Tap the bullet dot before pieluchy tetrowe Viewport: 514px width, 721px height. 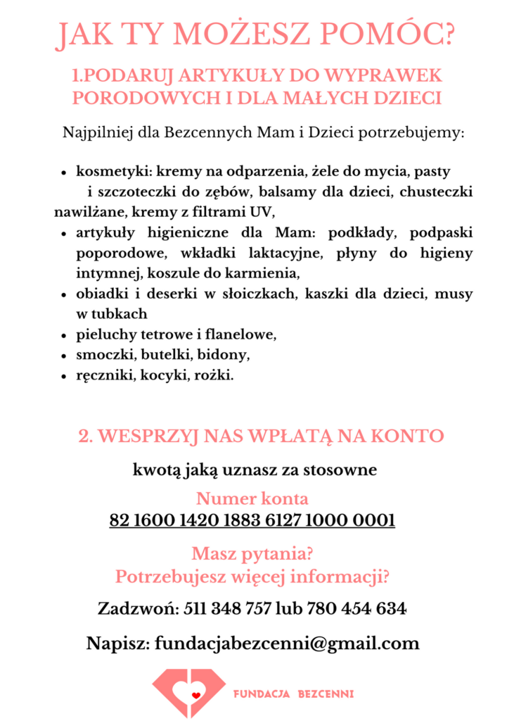(64, 335)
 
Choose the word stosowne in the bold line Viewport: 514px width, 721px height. (342, 470)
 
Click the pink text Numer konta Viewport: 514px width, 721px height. (252, 499)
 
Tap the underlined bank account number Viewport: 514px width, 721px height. (252, 521)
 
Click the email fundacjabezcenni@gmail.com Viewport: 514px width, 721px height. (287, 643)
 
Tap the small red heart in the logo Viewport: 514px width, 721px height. (196, 694)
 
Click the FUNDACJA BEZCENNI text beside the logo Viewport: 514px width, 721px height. (293, 694)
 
